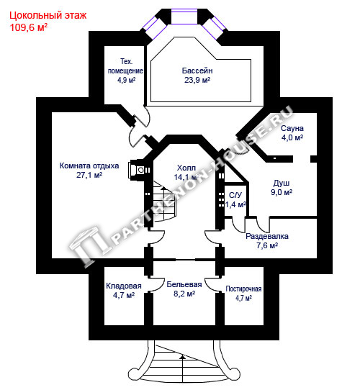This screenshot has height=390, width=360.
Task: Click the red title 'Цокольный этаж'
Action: point(48,16)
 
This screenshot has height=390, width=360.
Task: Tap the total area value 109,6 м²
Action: point(28,27)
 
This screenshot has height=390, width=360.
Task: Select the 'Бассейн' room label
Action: point(197,71)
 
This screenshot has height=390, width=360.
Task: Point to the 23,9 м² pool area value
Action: point(197,80)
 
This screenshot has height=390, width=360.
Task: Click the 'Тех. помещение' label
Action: point(125,66)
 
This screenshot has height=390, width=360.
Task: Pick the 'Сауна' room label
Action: point(292,128)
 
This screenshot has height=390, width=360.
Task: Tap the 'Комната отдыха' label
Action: point(89,166)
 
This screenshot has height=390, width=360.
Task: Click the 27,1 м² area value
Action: point(89,175)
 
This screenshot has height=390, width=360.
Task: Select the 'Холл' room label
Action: point(186,168)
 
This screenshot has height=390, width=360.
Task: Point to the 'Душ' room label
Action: point(282,183)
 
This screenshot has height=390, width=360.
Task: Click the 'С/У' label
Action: point(235,195)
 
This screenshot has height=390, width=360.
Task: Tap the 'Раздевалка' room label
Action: point(267,236)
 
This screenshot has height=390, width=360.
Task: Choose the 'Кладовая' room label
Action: point(124,286)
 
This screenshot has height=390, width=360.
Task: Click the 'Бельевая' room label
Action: point(184,284)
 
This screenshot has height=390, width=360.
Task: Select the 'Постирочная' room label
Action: point(243,289)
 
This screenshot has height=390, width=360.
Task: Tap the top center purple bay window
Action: point(184,17)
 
